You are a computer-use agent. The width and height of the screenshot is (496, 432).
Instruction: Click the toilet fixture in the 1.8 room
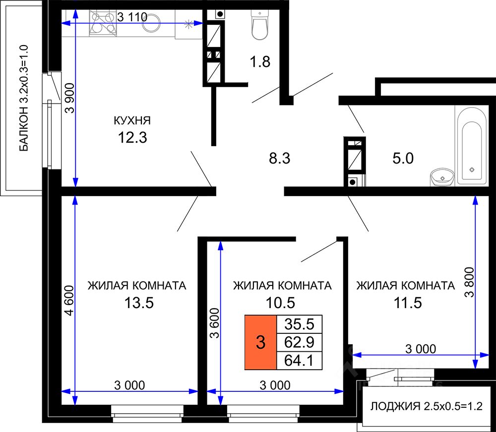260,25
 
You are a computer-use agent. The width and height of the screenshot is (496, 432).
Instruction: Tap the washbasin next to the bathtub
442,177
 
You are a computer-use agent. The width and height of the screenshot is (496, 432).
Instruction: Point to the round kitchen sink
151,23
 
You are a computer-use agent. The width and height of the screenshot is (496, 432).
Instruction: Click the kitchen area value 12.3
132,137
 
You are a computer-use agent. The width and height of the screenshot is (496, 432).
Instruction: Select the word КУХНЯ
132,120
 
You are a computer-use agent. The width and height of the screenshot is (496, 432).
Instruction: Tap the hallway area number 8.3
280,158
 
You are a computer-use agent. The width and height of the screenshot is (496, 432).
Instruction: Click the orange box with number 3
261,342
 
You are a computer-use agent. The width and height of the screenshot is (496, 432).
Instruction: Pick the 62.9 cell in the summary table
299,342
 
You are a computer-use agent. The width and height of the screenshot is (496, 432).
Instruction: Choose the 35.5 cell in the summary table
299,324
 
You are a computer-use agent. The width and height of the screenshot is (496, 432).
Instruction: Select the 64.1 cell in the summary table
299,360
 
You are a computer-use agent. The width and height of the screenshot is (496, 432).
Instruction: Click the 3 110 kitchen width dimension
132,17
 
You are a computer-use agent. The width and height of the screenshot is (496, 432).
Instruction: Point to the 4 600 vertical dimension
69,300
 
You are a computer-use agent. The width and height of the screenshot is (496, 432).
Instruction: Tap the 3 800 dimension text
470,282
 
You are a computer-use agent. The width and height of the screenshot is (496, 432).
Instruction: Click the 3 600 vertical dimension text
215,323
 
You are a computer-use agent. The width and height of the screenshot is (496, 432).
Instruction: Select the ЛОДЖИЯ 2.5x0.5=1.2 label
427,406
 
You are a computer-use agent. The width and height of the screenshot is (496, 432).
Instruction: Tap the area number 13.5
139,303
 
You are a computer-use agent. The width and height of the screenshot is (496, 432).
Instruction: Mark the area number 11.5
408,303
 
